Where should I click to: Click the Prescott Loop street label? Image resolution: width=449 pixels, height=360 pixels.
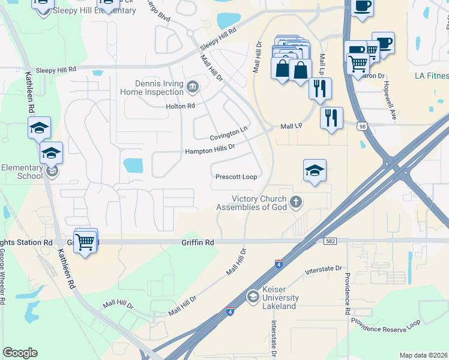236,177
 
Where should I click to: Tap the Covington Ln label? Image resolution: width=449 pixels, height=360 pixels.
229,133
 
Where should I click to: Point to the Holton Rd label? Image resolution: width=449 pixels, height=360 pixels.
181,106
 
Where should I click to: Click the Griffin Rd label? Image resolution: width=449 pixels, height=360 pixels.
197,242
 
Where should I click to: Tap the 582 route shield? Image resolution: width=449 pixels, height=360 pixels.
331,241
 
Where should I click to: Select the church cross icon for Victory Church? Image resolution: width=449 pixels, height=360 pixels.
295,202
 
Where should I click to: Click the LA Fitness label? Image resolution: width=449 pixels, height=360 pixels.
431,76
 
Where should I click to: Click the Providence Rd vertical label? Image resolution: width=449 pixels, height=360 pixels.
347,294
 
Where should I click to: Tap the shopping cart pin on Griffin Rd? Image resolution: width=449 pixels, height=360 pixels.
86,241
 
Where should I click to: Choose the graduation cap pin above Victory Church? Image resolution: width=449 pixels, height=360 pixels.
315,171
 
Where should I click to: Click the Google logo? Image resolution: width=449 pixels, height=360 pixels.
20,353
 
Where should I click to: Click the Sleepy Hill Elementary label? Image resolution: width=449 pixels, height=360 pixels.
94,11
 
